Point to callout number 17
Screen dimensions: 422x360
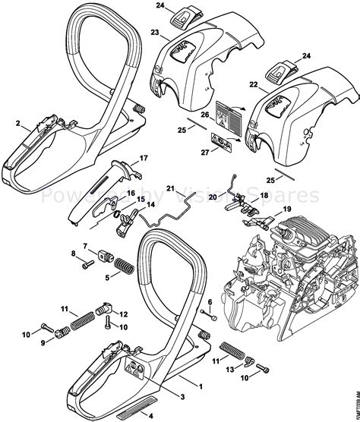coord(142,159)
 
